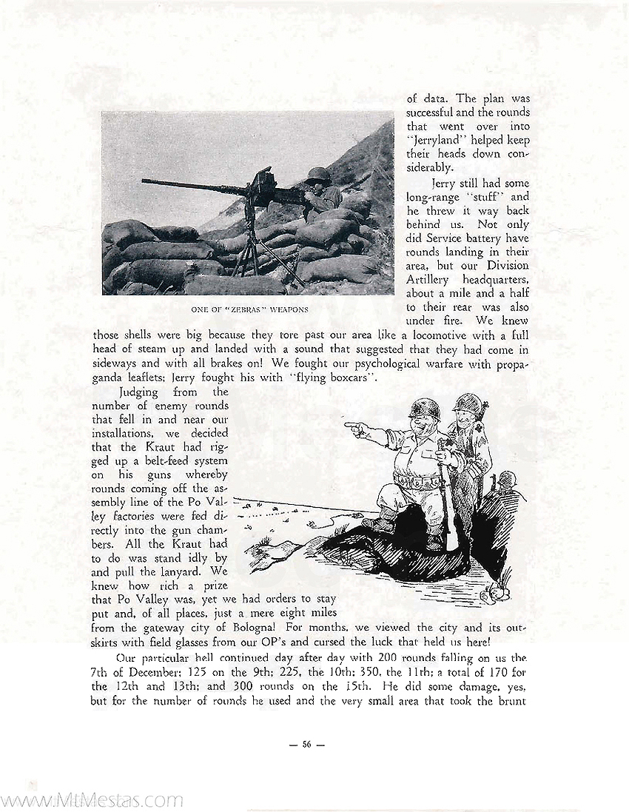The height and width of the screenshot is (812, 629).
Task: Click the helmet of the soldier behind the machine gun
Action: point(317,175)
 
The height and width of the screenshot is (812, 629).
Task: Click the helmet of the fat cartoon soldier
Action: point(424,409)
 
